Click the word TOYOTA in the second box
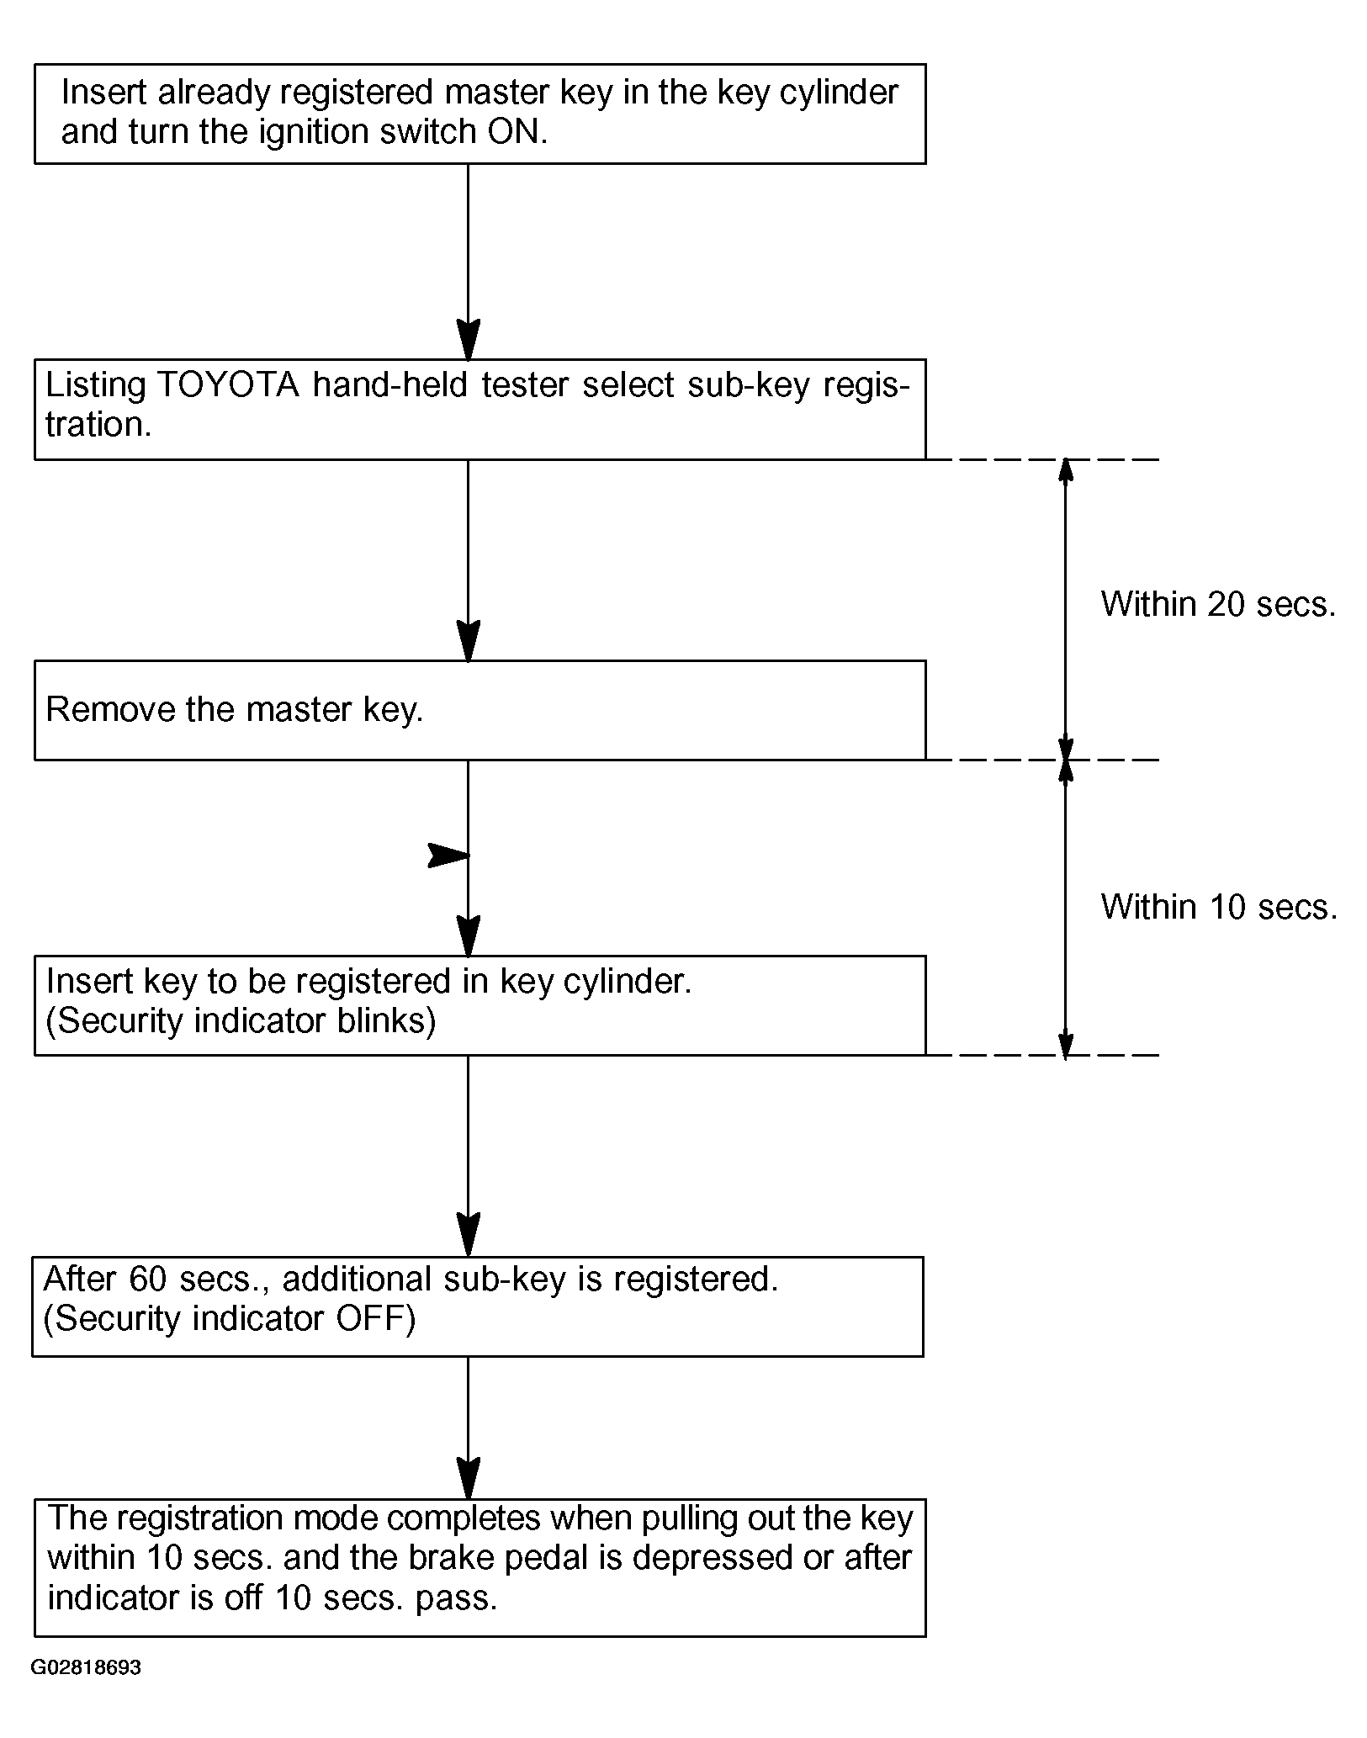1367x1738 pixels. (228, 385)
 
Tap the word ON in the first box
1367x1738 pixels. (511, 132)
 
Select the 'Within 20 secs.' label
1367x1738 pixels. (1218, 604)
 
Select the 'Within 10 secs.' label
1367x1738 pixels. (1219, 907)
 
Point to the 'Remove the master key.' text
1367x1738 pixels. (235, 710)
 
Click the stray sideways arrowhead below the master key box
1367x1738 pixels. (448, 856)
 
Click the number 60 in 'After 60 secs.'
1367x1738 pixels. (150, 1279)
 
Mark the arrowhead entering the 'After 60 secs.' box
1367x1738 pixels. (468, 1236)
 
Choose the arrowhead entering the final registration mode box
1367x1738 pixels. (468, 1478)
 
